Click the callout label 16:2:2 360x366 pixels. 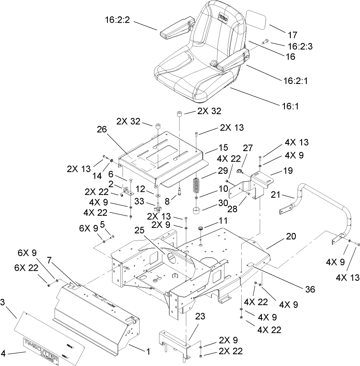click(117, 19)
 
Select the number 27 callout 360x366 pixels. click(248, 148)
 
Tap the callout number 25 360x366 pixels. click(140, 231)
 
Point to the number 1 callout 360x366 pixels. click(147, 350)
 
